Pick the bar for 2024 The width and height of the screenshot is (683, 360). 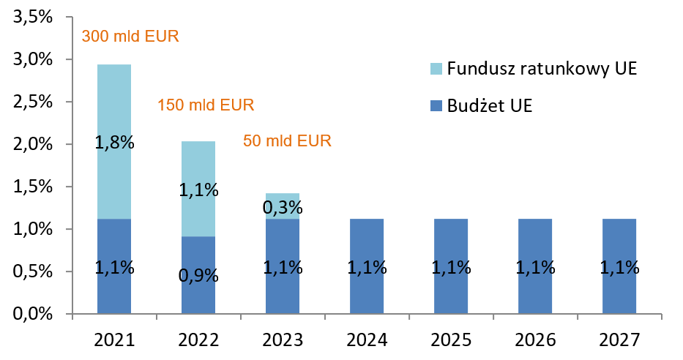pos(367,266)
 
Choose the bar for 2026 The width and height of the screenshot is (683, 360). pos(535,266)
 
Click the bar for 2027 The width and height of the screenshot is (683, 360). pos(619,266)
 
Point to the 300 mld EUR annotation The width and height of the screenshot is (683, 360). pos(130,36)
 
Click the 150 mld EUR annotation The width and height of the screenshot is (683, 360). pos(206,105)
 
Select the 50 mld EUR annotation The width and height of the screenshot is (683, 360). pos(288,140)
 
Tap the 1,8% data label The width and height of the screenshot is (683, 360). pos(114,143)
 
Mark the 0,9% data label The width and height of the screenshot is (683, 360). pos(198,277)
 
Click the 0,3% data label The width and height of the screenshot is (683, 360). pos(283,209)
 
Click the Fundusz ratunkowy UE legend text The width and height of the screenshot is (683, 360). pos(542,70)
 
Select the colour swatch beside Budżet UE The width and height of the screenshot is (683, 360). pos(435,107)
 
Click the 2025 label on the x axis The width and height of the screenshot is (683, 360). pos(451,341)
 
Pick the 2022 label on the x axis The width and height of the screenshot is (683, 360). pos(198,341)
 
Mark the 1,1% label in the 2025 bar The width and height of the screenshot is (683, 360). pos(451,268)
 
